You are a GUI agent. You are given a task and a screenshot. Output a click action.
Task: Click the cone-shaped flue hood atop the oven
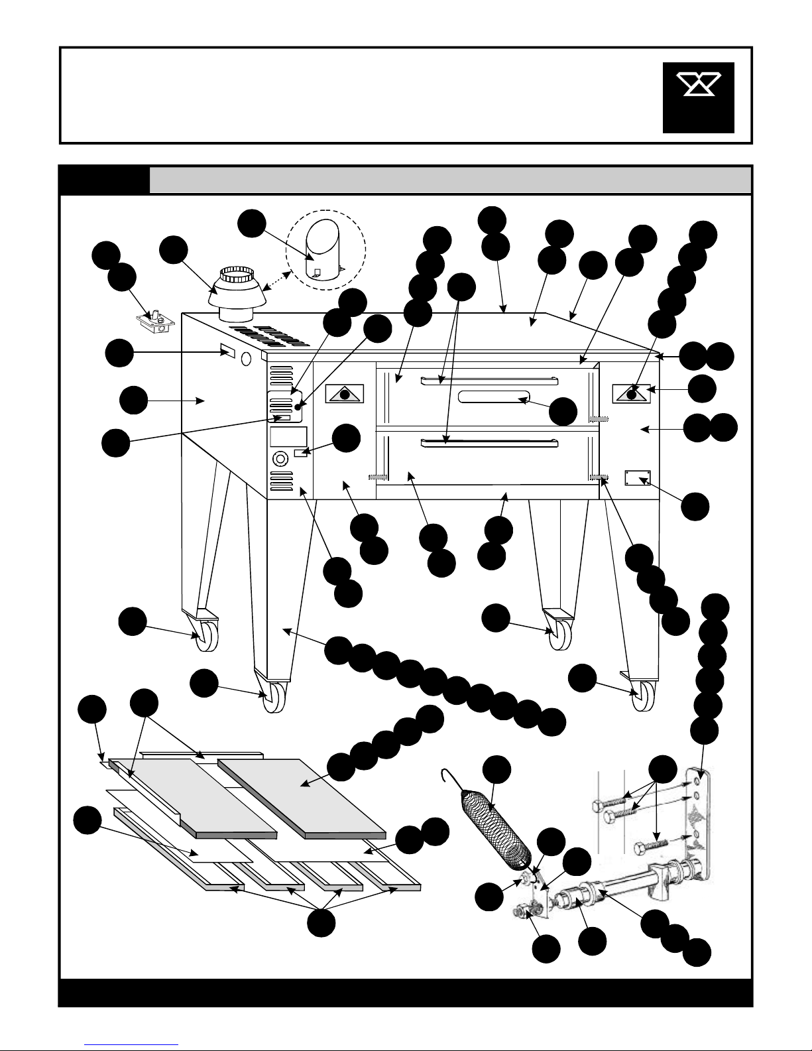[x=237, y=292]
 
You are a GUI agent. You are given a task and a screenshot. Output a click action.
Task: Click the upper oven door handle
[x=490, y=380]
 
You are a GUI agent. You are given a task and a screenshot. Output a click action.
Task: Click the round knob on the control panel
[x=280, y=457]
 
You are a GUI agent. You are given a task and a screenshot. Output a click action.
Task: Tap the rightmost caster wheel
[x=642, y=697]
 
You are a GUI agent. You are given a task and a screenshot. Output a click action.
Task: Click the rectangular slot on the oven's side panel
[x=227, y=349]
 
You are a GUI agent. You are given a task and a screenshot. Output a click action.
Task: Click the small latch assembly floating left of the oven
[x=156, y=322]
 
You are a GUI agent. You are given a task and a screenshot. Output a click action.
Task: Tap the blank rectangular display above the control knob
[x=288, y=436]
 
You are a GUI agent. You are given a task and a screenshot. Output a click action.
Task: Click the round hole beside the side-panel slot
[x=247, y=359]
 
